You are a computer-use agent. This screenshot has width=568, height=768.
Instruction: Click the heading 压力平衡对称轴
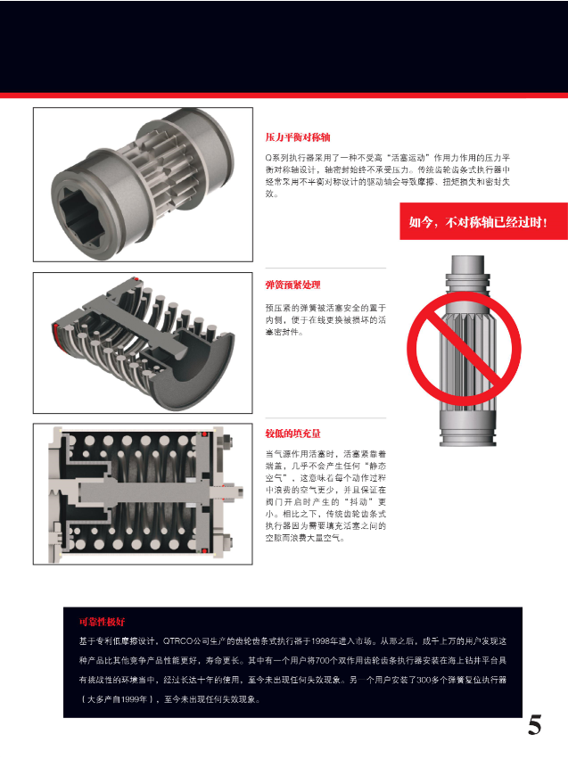pyautogui.click(x=298, y=138)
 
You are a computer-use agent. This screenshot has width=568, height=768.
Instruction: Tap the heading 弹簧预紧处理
pyautogui.click(x=292, y=285)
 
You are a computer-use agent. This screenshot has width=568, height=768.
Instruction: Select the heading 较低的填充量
pyautogui.click(x=292, y=434)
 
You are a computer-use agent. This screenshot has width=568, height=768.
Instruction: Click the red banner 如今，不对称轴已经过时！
pyautogui.click(x=477, y=221)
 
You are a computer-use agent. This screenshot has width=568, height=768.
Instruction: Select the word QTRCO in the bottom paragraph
pyautogui.click(x=180, y=641)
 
